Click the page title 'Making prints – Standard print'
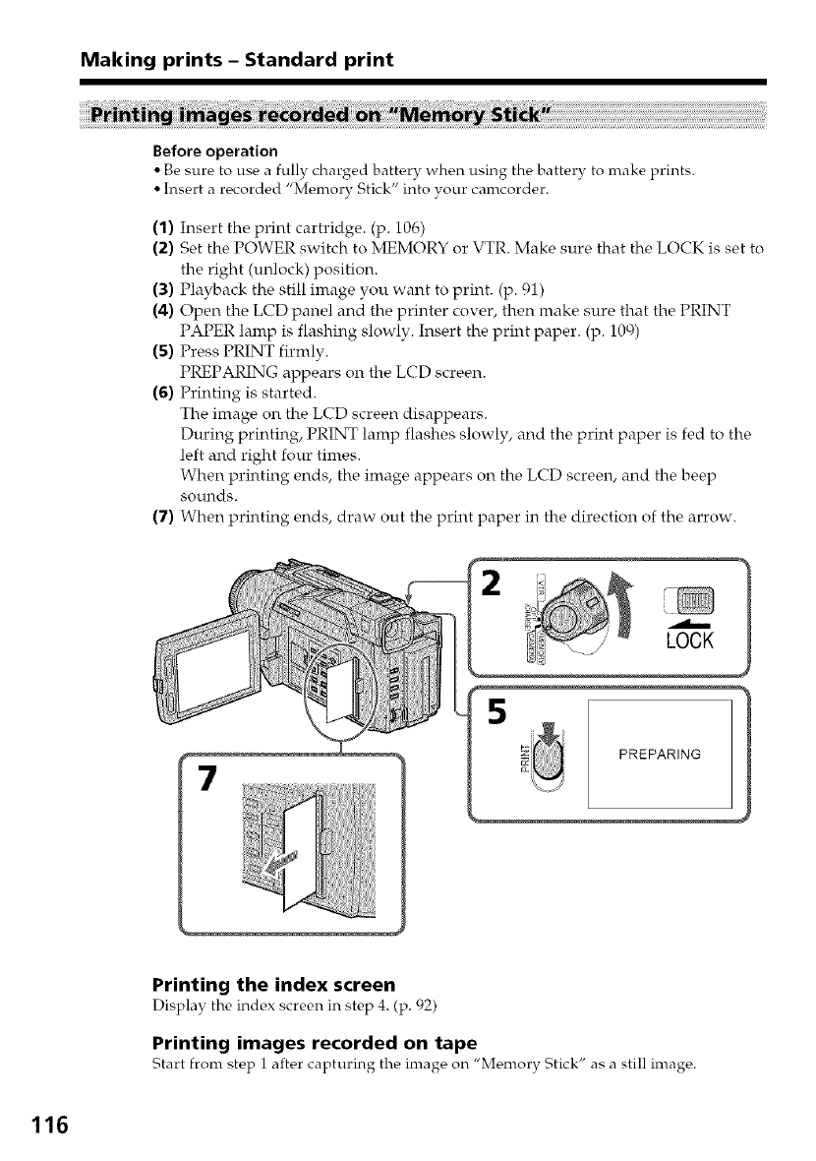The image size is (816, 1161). pos(236,60)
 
